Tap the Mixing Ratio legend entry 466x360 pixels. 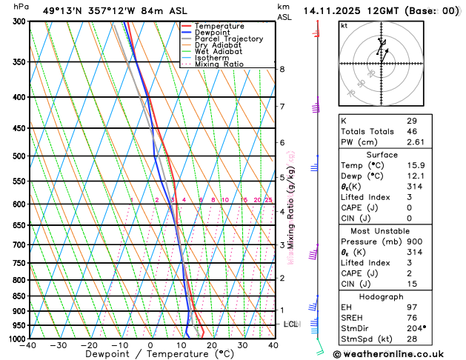click(219, 64)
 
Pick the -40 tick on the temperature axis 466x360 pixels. click(30, 345)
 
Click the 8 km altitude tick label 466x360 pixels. click(282, 69)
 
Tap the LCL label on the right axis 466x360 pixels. click(290, 324)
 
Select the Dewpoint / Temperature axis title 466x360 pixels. click(150, 355)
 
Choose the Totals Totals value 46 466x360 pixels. click(412, 130)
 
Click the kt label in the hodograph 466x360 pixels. click(344, 25)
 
